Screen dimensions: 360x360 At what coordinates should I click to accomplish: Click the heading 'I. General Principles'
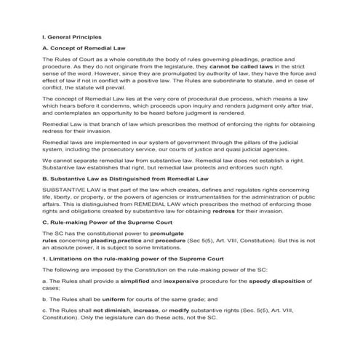coord(72,35)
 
